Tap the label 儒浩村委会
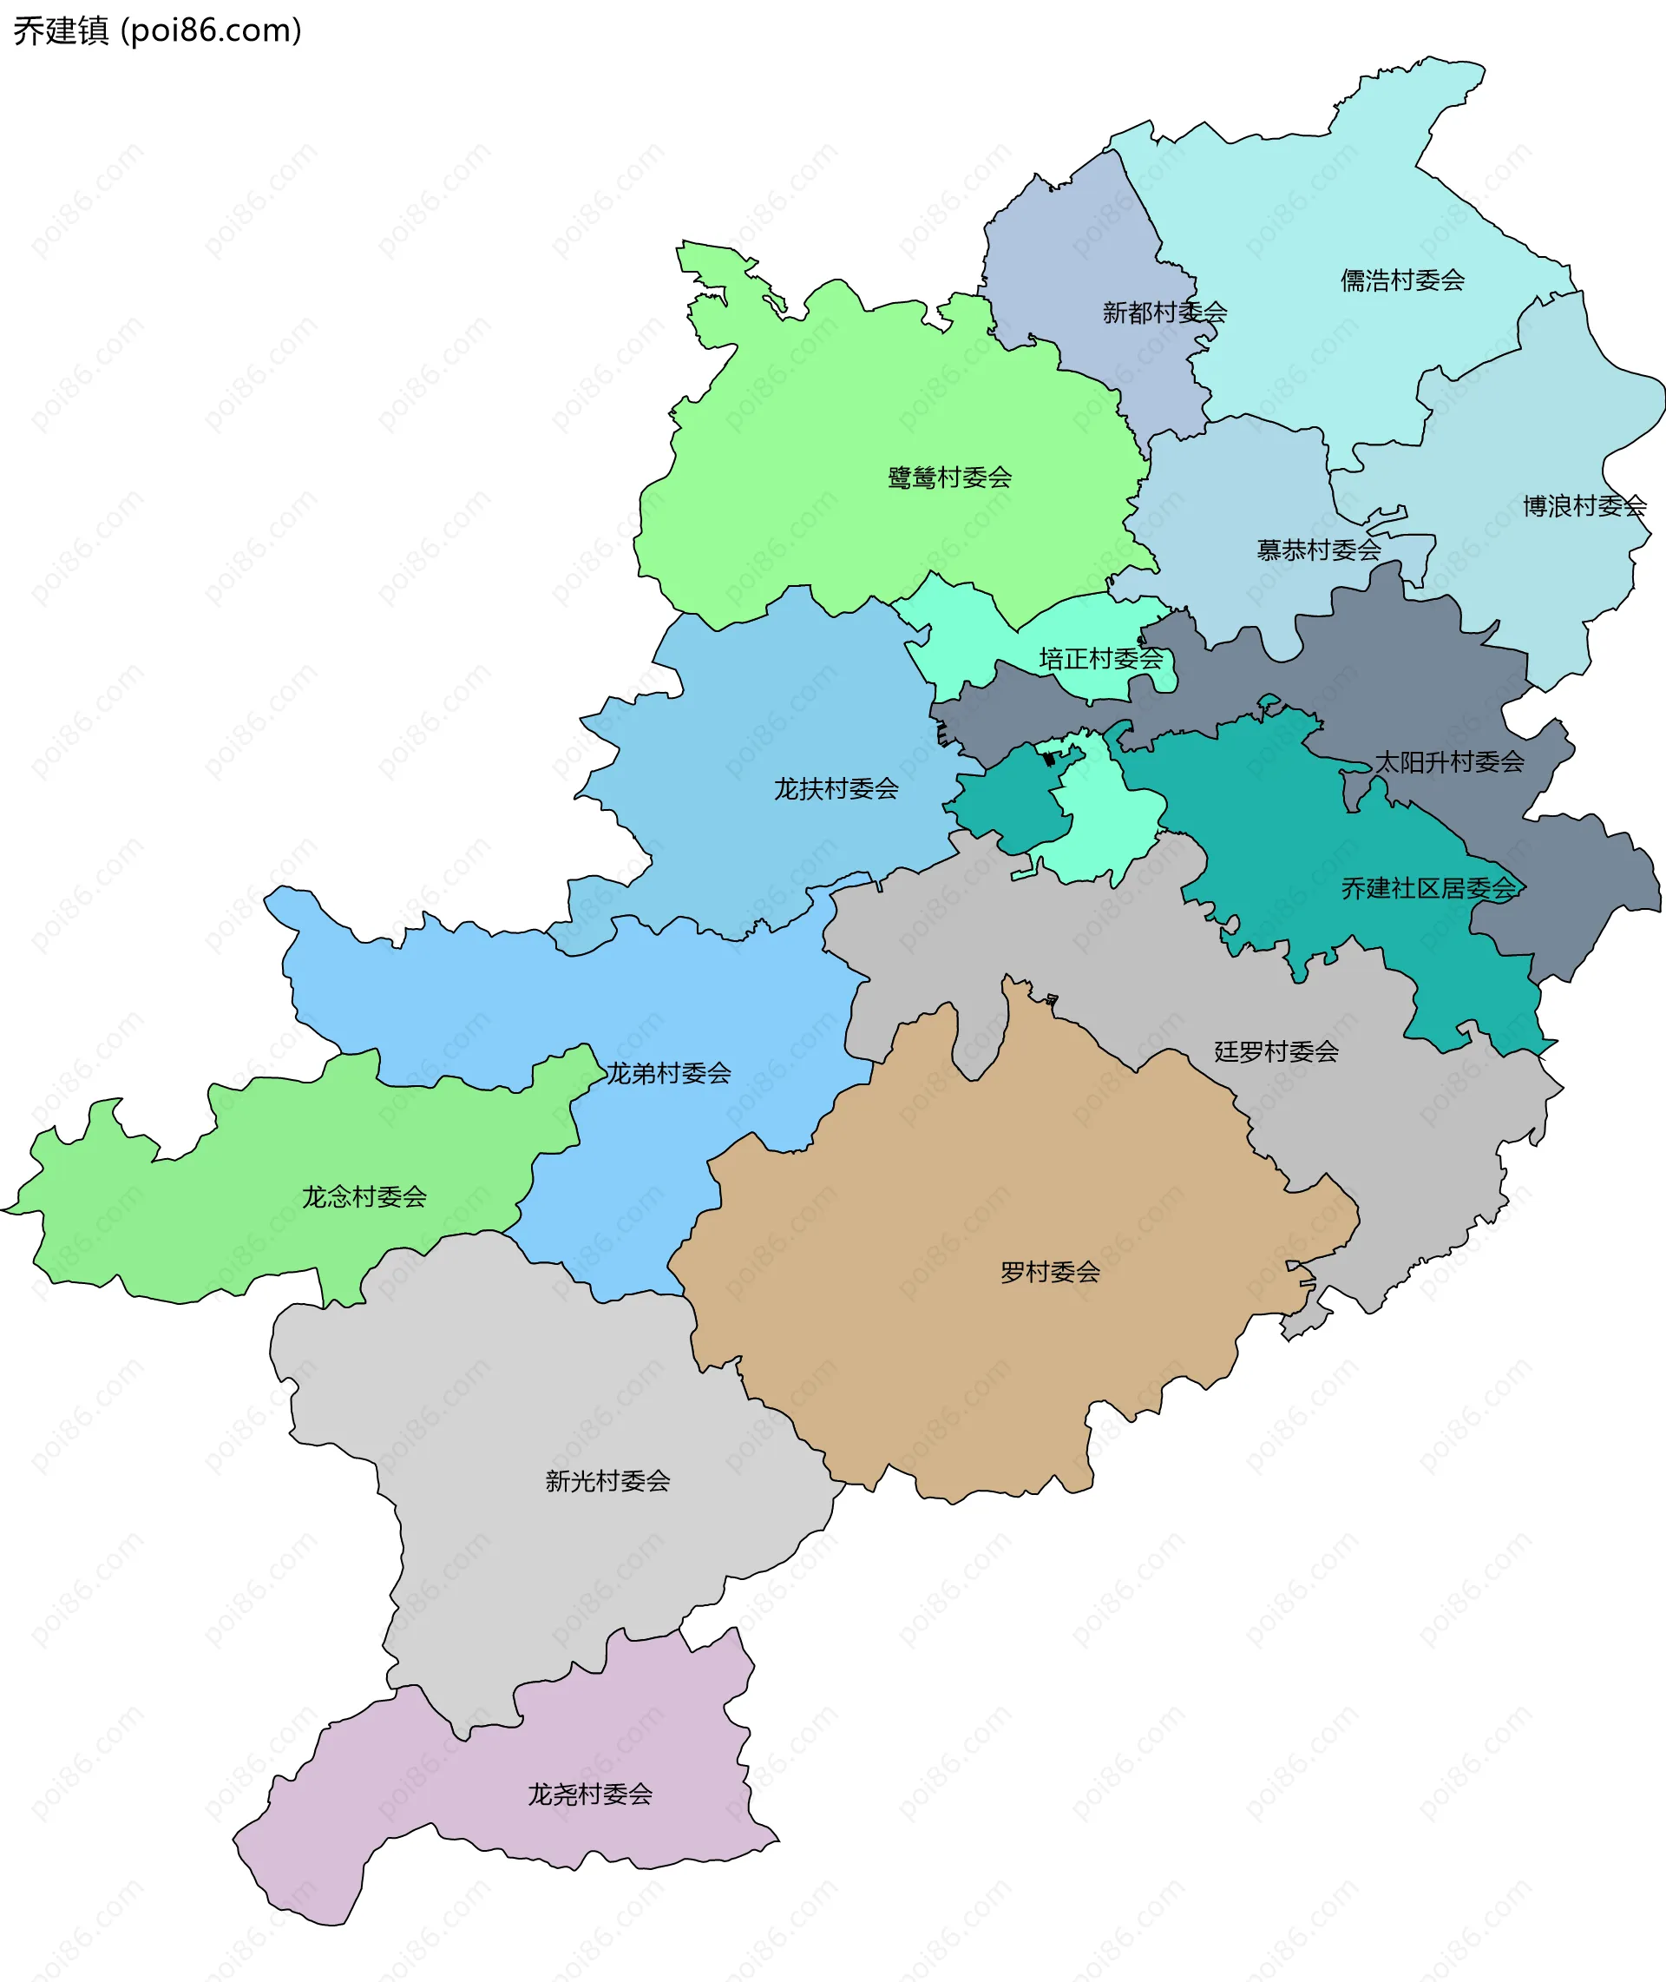(x=1401, y=280)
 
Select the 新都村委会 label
(x=1164, y=313)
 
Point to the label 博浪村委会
(x=1584, y=506)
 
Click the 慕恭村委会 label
(x=1317, y=550)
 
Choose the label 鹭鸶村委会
(x=949, y=478)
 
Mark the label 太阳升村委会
(x=1448, y=761)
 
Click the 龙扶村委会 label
(x=836, y=789)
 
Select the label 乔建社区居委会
(x=1428, y=888)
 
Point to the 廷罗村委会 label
(x=1276, y=1051)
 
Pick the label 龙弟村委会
(x=668, y=1073)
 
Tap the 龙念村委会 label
(x=364, y=1197)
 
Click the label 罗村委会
(x=1049, y=1272)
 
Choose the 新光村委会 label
(x=607, y=1480)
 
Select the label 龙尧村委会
(x=589, y=1794)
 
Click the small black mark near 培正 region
(x=1048, y=760)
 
